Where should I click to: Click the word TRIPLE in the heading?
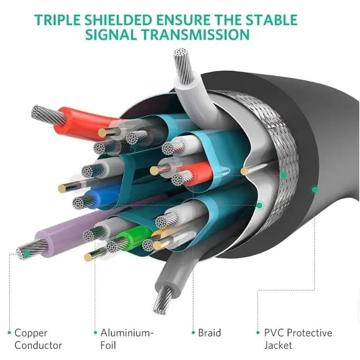tap(58, 20)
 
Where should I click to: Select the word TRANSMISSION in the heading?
tap(195, 35)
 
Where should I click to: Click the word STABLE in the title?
tap(272, 20)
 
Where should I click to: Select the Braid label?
tap(209, 333)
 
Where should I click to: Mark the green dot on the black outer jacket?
tap(315, 189)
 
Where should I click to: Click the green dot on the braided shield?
tap(284, 175)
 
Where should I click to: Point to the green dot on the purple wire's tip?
tap(27, 254)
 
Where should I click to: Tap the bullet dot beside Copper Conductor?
tap(9, 333)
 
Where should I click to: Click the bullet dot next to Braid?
tap(193, 333)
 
